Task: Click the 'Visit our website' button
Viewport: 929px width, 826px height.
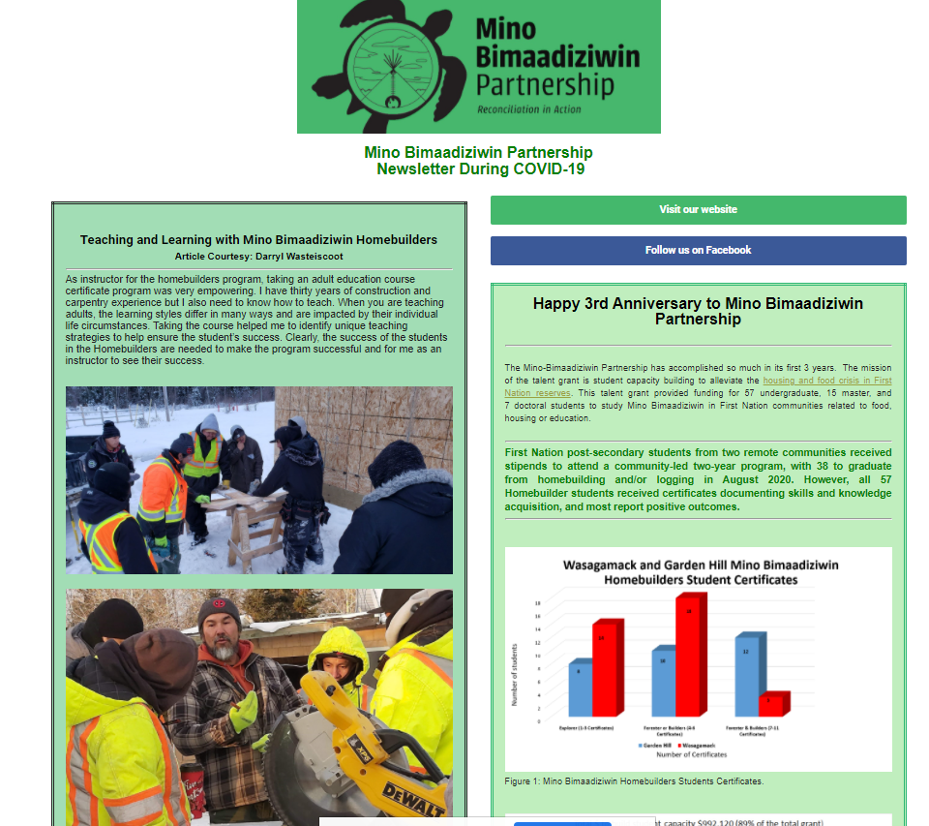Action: (x=698, y=210)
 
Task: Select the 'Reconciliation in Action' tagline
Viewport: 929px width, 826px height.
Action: (x=529, y=109)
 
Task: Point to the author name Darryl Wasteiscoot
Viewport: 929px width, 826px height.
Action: (x=299, y=257)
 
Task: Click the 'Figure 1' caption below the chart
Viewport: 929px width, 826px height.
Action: (x=634, y=780)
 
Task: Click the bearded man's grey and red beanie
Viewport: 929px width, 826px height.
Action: (x=220, y=613)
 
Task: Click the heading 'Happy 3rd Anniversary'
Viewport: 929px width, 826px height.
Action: (x=698, y=311)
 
